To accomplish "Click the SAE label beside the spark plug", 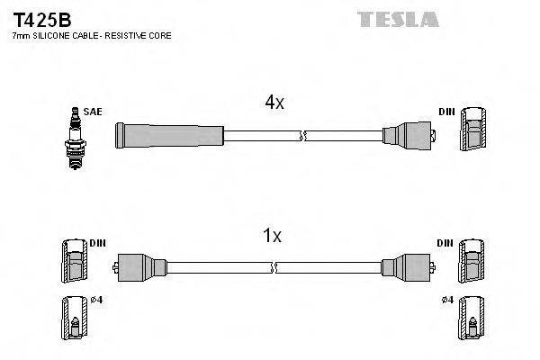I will (92, 112).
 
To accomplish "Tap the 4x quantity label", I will (274, 103).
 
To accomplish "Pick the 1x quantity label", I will (271, 237).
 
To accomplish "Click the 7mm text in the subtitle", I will (21, 35).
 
